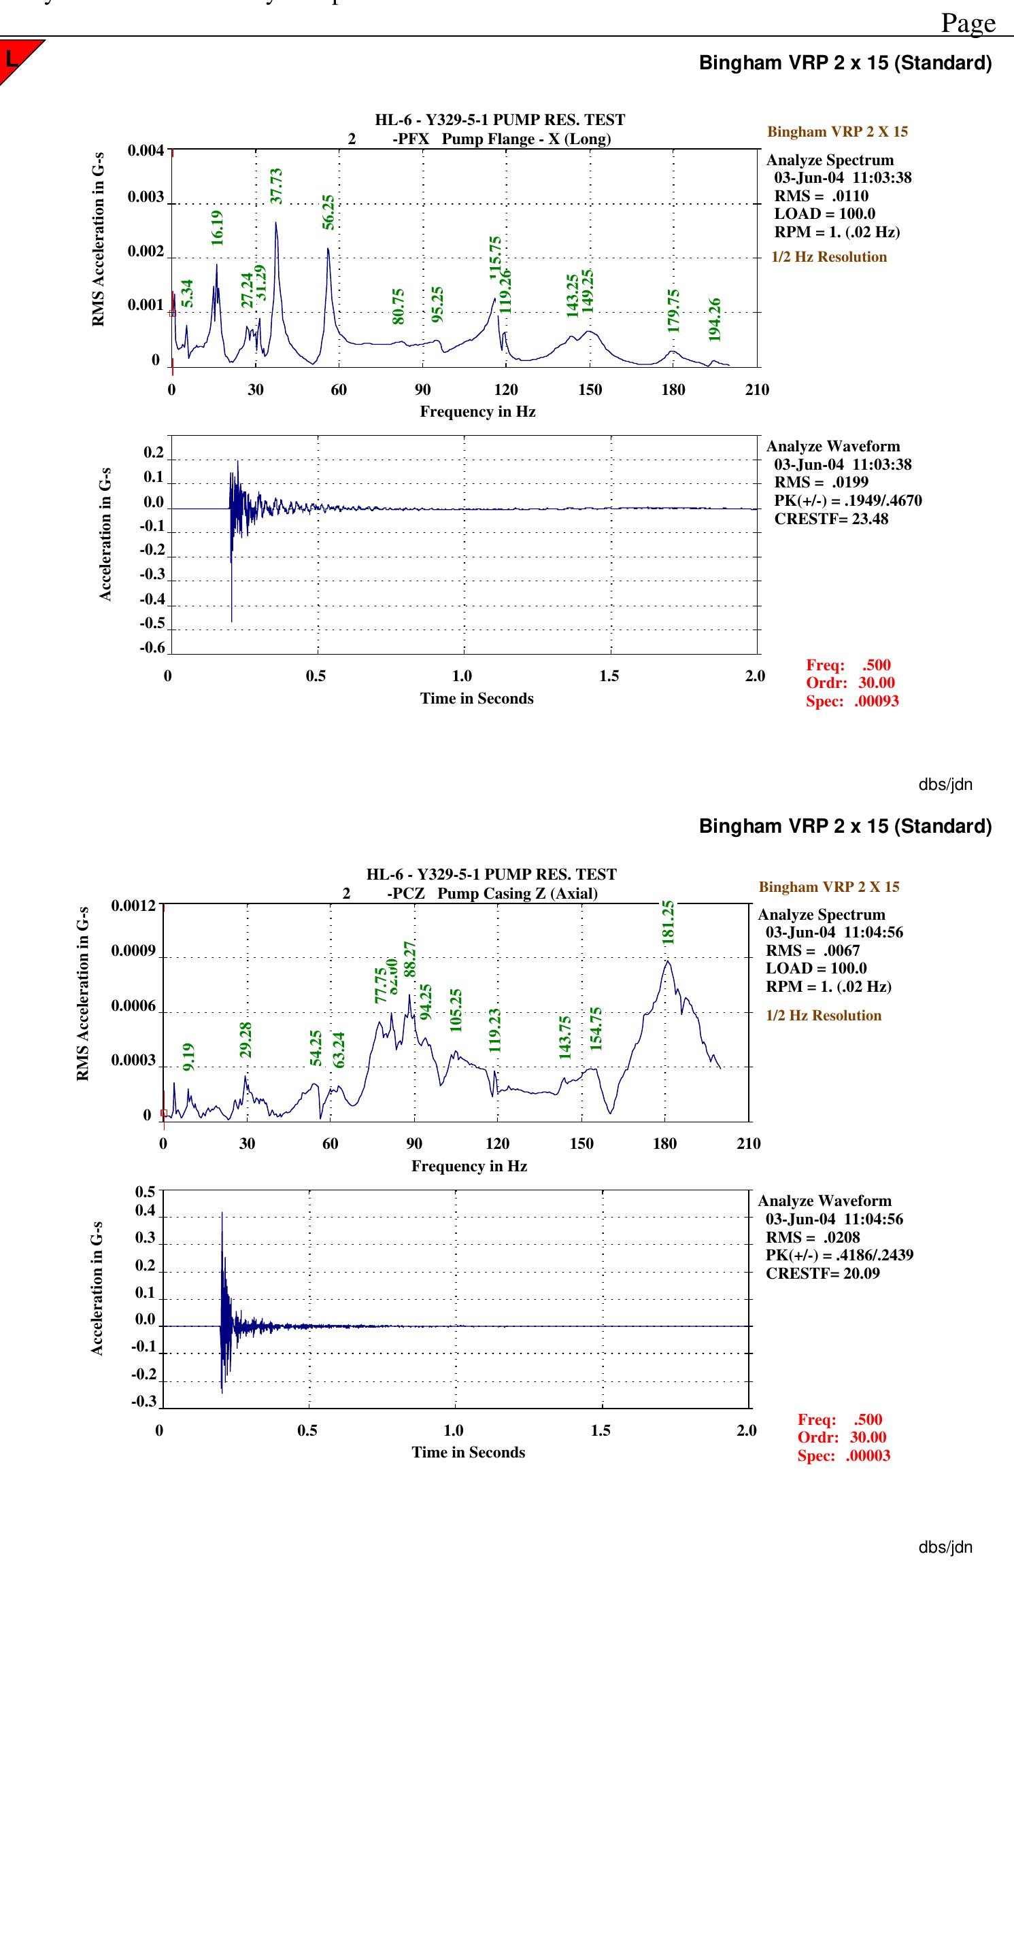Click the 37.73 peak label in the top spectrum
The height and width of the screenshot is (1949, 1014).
[x=276, y=186]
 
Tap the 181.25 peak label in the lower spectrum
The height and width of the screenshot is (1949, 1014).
[x=667, y=922]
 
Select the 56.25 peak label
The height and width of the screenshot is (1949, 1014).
[x=328, y=212]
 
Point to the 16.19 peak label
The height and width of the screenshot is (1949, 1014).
[x=217, y=227]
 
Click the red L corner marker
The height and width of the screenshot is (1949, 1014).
[x=12, y=58]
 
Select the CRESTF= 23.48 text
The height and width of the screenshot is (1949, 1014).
[x=831, y=519]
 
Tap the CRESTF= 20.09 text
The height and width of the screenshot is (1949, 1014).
[x=822, y=1273]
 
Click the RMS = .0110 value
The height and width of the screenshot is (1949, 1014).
[x=821, y=196]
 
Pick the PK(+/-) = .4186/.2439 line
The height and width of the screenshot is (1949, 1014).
[x=839, y=1254]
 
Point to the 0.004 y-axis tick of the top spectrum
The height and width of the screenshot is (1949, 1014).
[x=146, y=150]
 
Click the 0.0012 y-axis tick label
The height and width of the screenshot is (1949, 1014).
[x=133, y=905]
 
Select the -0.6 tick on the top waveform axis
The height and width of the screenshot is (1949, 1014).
[x=152, y=647]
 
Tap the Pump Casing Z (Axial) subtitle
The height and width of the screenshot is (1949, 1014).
[x=517, y=893]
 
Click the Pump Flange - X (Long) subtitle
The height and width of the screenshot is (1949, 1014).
[x=526, y=139]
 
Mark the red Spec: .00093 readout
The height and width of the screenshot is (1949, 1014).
[x=852, y=701]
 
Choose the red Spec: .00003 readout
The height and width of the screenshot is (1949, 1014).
[x=844, y=1455]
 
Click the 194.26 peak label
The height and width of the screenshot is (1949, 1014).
[x=714, y=320]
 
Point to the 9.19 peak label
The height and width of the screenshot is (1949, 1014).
[x=188, y=1056]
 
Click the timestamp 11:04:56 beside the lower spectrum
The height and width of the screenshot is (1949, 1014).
[x=873, y=932]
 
